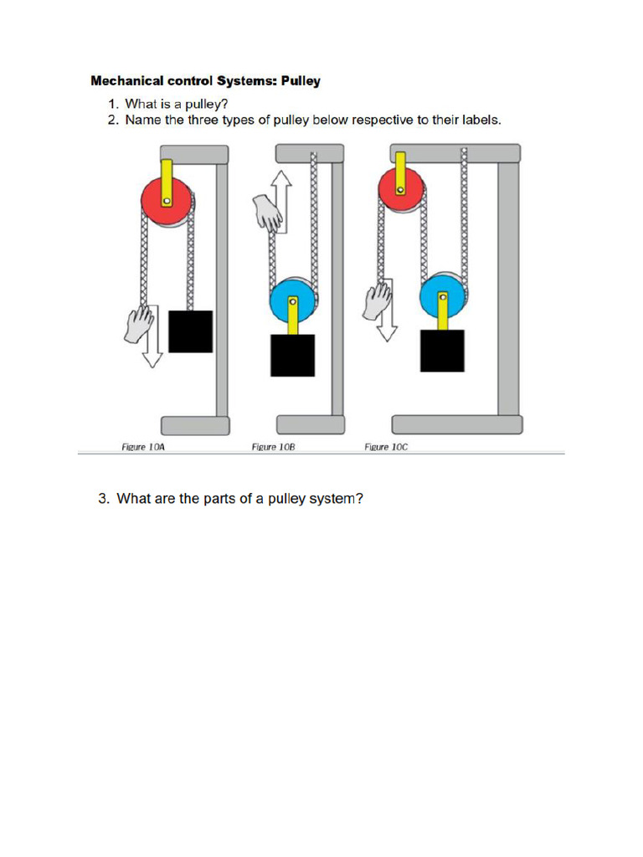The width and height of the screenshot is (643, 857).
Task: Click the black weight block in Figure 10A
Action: click(x=190, y=331)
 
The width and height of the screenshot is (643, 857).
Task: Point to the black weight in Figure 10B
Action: click(x=292, y=355)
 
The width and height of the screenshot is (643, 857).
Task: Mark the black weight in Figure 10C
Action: click(x=442, y=351)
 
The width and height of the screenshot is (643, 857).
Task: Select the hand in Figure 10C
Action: click(x=378, y=300)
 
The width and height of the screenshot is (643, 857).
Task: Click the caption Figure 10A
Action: click(x=143, y=448)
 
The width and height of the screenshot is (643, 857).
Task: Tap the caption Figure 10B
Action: click(x=274, y=448)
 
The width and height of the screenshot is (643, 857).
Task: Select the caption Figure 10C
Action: click(x=386, y=448)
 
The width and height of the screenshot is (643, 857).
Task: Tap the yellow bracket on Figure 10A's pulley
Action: click(x=167, y=182)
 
